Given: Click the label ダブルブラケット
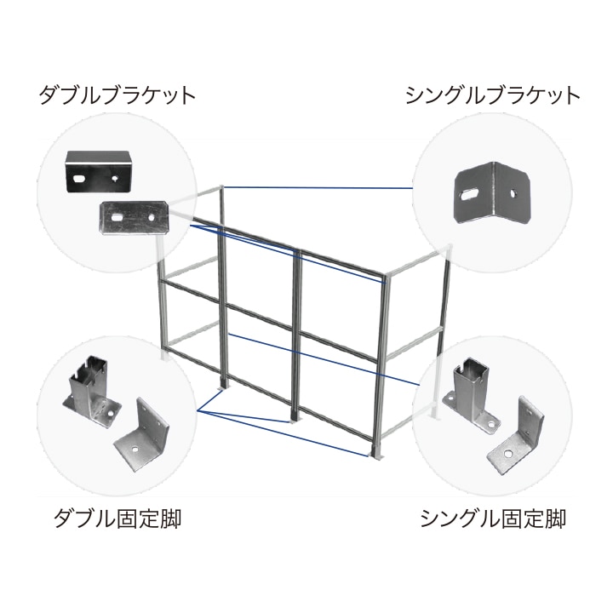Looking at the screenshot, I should click(x=117, y=94).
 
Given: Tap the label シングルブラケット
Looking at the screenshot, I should click(x=493, y=94).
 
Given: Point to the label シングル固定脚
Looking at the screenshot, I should click(x=493, y=517).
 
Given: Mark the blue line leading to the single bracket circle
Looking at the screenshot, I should click(x=324, y=186).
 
